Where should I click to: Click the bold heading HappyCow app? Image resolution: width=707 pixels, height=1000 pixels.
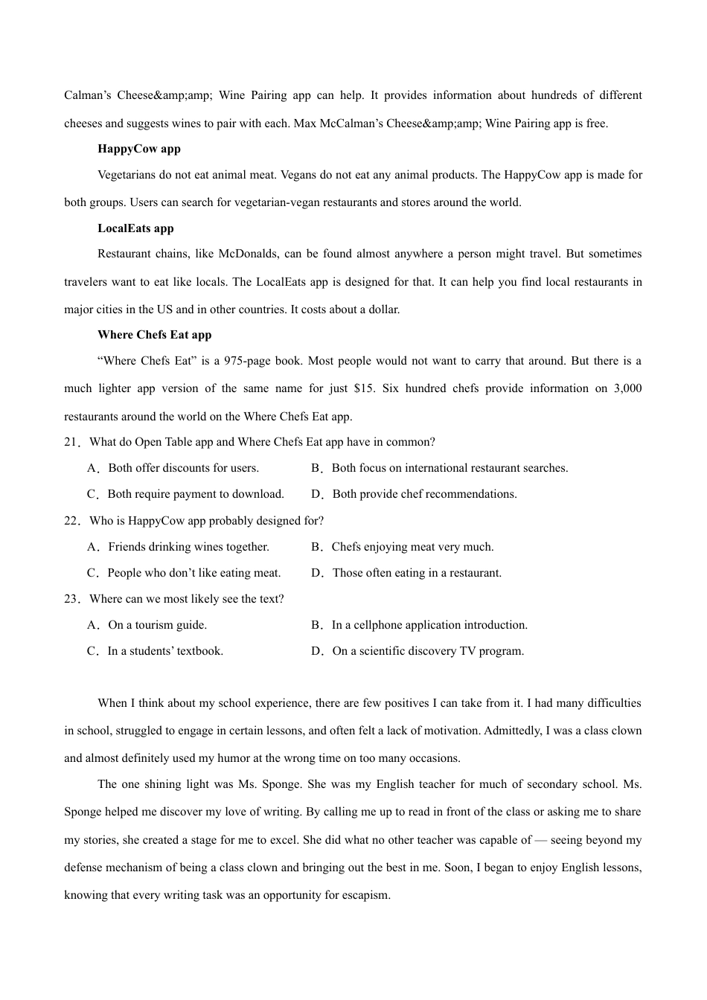click(139, 149)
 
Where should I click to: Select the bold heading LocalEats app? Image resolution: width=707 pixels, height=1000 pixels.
click(135, 228)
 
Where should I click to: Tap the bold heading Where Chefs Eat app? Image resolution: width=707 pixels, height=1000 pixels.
click(155, 335)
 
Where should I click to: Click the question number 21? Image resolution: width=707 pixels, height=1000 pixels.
click(71, 442)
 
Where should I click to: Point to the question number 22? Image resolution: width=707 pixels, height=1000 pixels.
click(71, 521)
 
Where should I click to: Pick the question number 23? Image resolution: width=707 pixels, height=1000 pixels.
click(71, 599)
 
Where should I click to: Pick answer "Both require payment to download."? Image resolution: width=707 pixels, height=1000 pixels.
click(196, 494)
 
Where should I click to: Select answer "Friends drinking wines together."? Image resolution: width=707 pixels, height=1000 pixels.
click(188, 547)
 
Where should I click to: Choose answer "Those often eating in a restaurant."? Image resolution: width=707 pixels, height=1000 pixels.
click(417, 573)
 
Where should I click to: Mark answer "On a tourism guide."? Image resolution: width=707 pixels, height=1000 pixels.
click(157, 625)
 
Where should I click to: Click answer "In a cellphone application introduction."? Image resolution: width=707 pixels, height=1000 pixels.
click(429, 625)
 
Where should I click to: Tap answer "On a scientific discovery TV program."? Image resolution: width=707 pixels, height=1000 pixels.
click(428, 651)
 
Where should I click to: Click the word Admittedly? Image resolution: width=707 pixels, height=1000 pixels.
click(513, 731)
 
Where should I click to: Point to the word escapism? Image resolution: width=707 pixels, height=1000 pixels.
click(365, 895)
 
